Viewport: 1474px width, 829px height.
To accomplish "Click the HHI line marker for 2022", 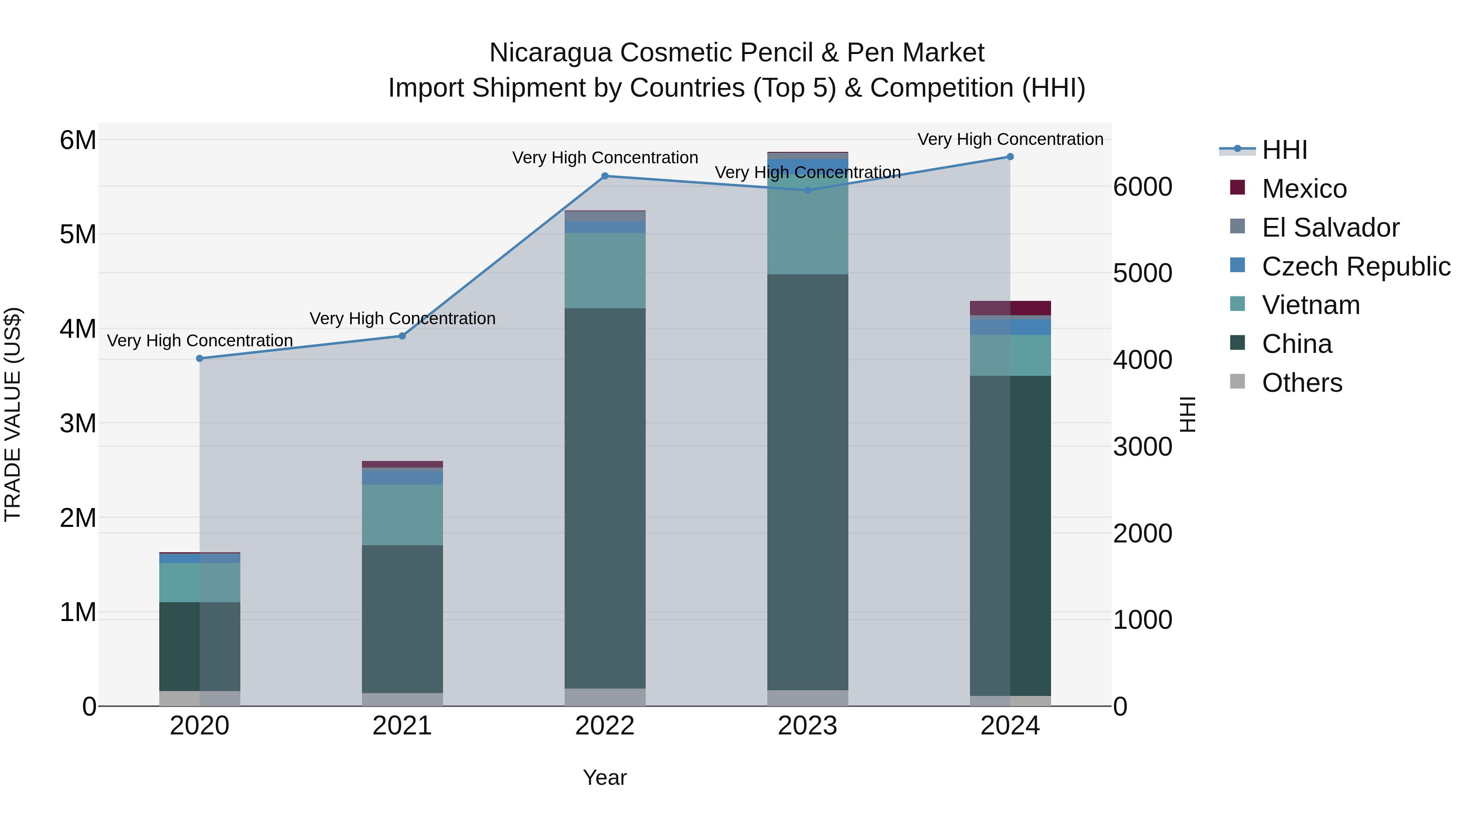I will click(x=605, y=176).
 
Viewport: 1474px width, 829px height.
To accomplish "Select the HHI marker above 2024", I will click(x=1010, y=157).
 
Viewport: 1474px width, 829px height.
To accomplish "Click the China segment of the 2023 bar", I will click(x=807, y=482).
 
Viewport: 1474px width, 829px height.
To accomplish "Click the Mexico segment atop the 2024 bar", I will click(x=1011, y=308).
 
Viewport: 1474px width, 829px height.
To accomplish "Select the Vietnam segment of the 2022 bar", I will click(x=605, y=271).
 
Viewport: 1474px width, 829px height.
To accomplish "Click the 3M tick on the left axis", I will click(x=78, y=423).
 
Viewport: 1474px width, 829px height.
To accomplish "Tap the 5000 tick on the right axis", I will click(x=1142, y=273).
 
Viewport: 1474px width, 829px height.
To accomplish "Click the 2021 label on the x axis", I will click(x=402, y=726).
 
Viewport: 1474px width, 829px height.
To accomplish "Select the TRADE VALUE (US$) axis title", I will click(x=13, y=414).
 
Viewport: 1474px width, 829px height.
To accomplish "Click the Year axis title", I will click(x=605, y=777).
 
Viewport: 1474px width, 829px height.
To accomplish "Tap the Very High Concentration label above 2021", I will click(x=402, y=318).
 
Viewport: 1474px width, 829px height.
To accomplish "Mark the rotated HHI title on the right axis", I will click(x=1188, y=414).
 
